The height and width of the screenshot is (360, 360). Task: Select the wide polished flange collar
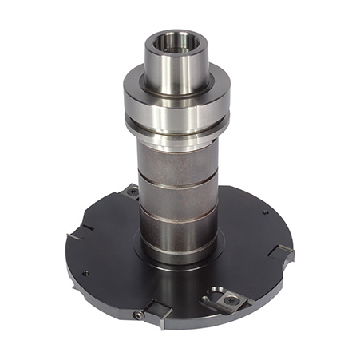pos(177,96)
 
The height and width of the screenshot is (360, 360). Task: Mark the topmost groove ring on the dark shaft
pos(177,184)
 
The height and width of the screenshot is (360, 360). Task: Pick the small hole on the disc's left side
pos(85,274)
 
